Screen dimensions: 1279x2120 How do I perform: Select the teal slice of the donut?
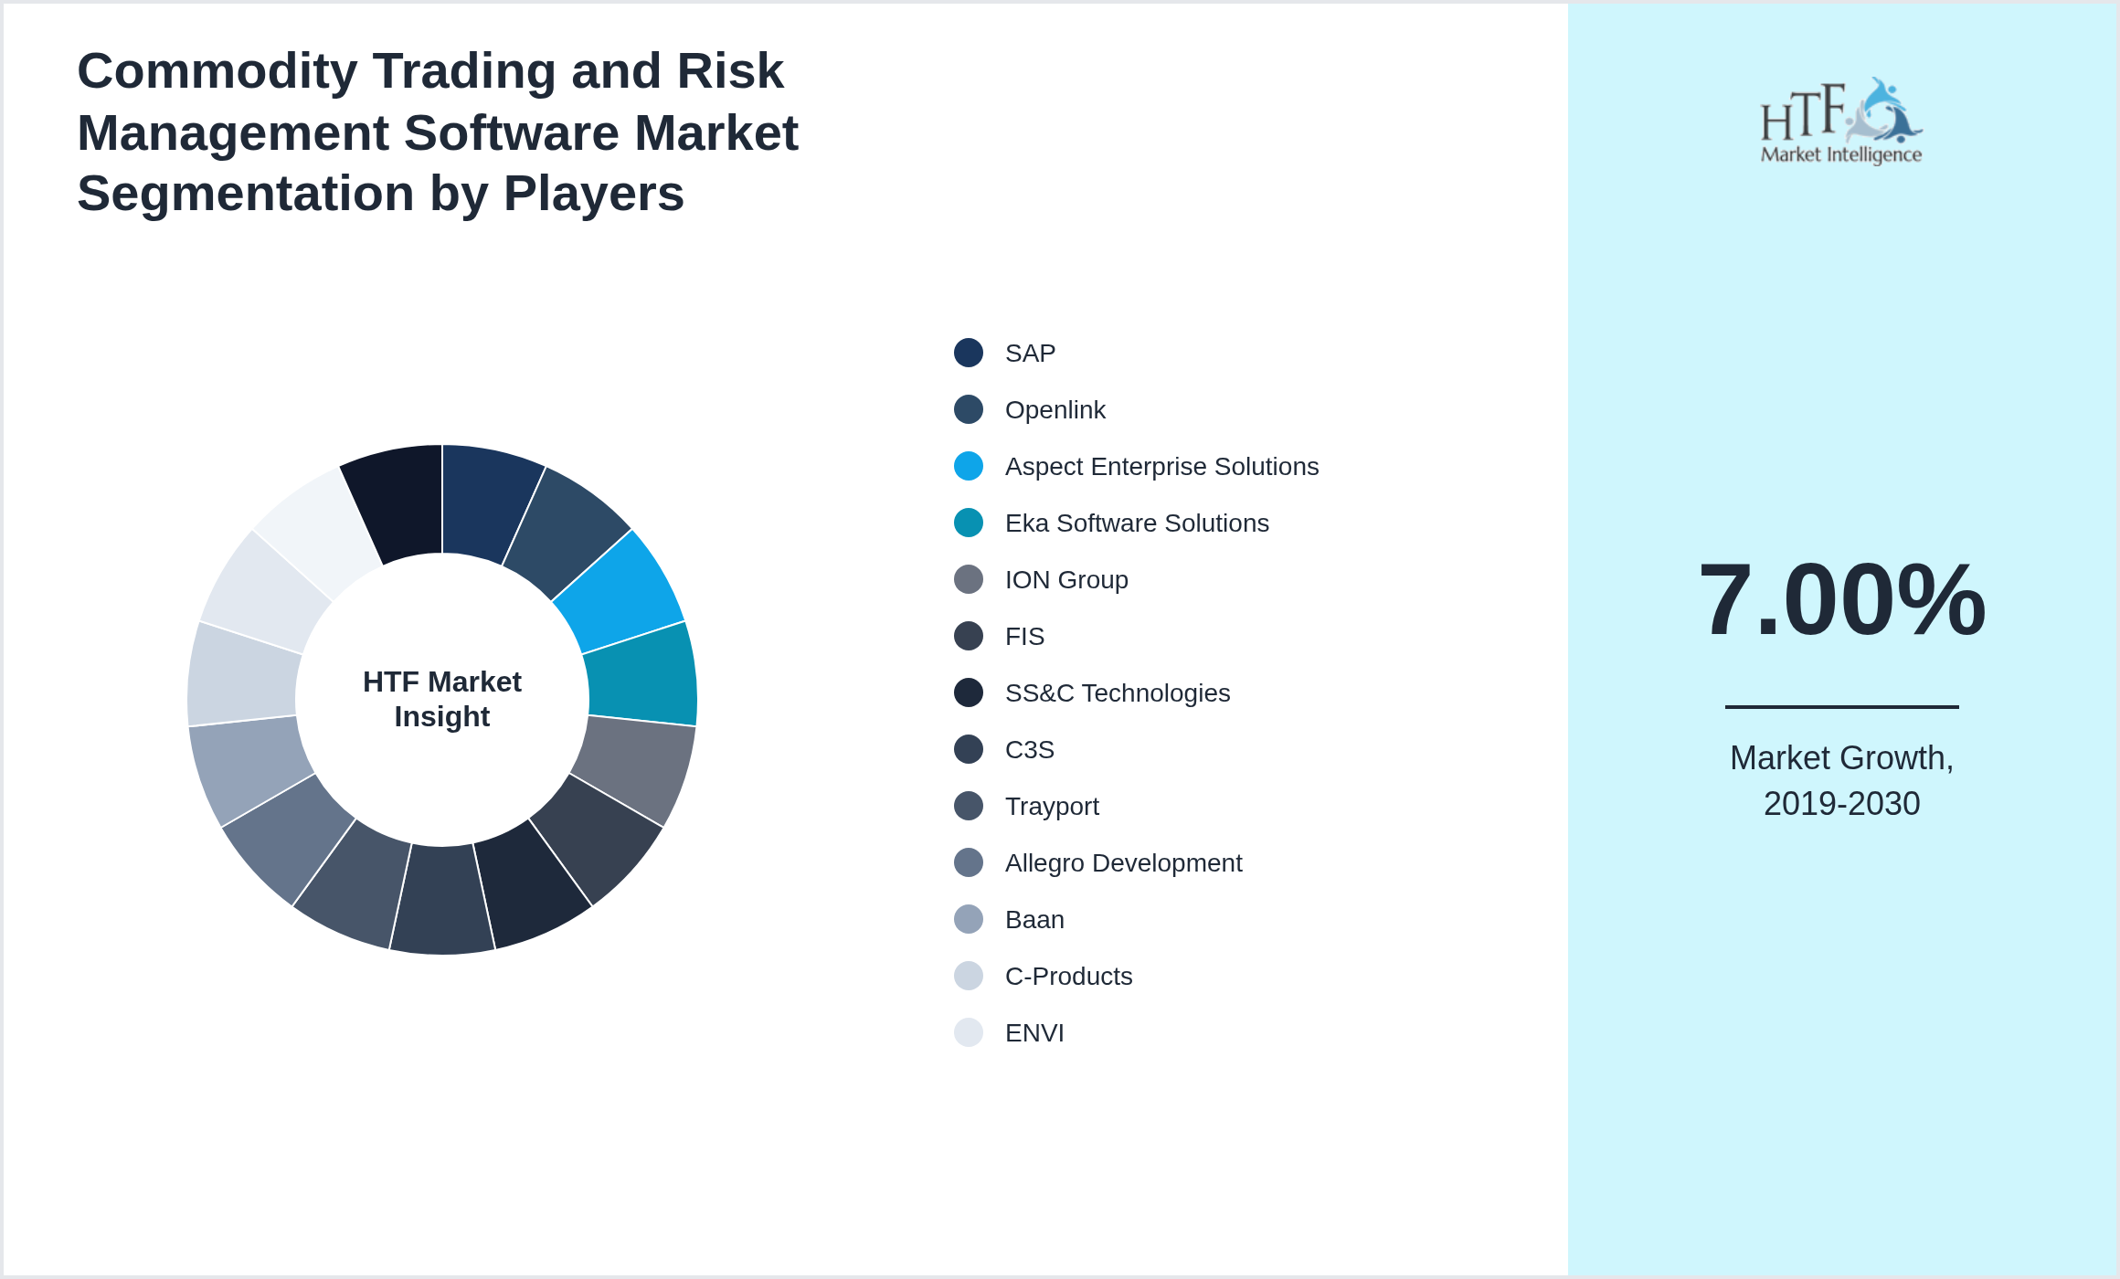click(641, 674)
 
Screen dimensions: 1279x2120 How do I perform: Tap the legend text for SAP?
click(1030, 354)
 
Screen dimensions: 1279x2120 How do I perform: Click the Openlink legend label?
click(1055, 410)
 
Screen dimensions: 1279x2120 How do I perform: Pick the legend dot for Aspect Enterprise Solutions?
click(969, 466)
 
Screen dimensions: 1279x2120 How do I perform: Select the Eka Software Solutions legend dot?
click(969, 523)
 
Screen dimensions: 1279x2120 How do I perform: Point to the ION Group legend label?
click(1065, 580)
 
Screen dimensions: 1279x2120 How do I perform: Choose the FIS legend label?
click(1024, 637)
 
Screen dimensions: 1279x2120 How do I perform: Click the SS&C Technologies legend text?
click(1117, 693)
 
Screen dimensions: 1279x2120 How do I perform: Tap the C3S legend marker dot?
click(969, 749)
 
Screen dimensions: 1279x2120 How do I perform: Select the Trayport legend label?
click(1051, 807)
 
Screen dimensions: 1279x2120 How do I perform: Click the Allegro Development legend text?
click(1123, 863)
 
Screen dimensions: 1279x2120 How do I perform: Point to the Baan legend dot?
click(969, 919)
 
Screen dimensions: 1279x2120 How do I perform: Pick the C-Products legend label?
click(1068, 977)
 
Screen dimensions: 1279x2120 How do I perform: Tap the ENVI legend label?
click(1034, 1033)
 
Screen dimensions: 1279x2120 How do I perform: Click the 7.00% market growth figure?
click(1841, 599)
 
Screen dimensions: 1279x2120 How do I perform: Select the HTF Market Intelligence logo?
click(1841, 122)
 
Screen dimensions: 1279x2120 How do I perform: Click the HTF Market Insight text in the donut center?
click(442, 699)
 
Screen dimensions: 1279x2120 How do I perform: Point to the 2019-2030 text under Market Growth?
click(1841, 804)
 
